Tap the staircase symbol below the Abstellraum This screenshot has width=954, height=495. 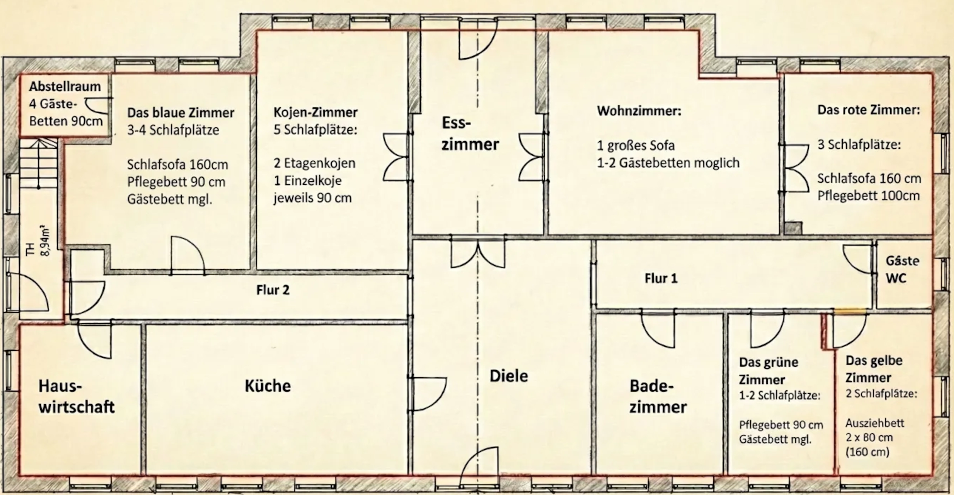(x=39, y=163)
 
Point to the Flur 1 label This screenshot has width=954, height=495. (x=661, y=278)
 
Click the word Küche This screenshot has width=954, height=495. (x=268, y=386)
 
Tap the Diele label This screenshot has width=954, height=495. (x=509, y=376)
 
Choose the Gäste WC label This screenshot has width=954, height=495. (x=902, y=270)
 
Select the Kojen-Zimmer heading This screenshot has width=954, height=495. (x=316, y=112)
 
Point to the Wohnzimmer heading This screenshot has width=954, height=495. (x=639, y=111)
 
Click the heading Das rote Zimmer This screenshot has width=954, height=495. (x=868, y=110)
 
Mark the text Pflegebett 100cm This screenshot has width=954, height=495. (x=868, y=195)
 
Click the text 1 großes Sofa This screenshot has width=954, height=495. (x=635, y=146)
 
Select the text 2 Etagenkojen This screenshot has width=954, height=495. (x=314, y=163)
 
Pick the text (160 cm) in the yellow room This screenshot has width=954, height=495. (x=867, y=452)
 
